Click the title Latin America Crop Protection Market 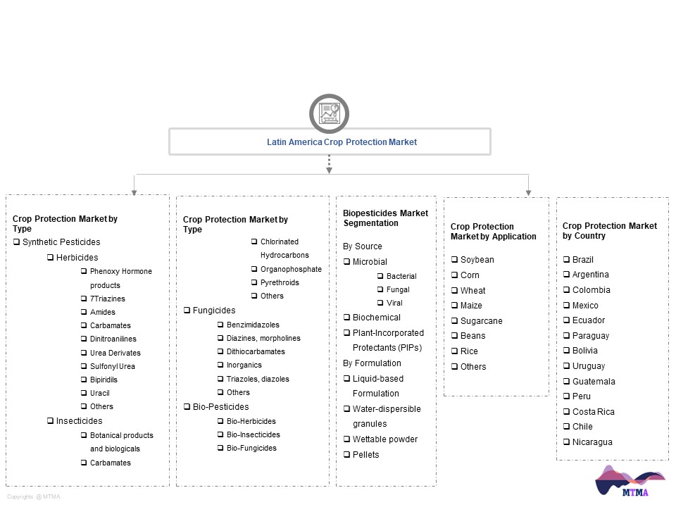tap(342, 142)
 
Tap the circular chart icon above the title tap(329, 113)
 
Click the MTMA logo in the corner tap(630, 481)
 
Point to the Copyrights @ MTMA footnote tap(34, 496)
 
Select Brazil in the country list tap(582, 260)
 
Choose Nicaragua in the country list tap(592, 442)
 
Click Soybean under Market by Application tap(477, 260)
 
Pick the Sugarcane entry tap(481, 321)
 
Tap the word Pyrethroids tap(280, 282)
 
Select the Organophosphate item tap(291, 269)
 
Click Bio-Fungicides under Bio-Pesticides tap(251, 448)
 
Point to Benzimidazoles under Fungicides tap(253, 325)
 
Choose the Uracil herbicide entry tap(99, 393)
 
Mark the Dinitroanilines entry tap(113, 339)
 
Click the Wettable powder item tap(385, 439)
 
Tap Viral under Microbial tap(394, 303)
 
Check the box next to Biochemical tap(346, 318)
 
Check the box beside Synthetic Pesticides tap(16, 242)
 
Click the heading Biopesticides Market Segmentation tap(385, 218)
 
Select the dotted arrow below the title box tap(329, 164)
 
